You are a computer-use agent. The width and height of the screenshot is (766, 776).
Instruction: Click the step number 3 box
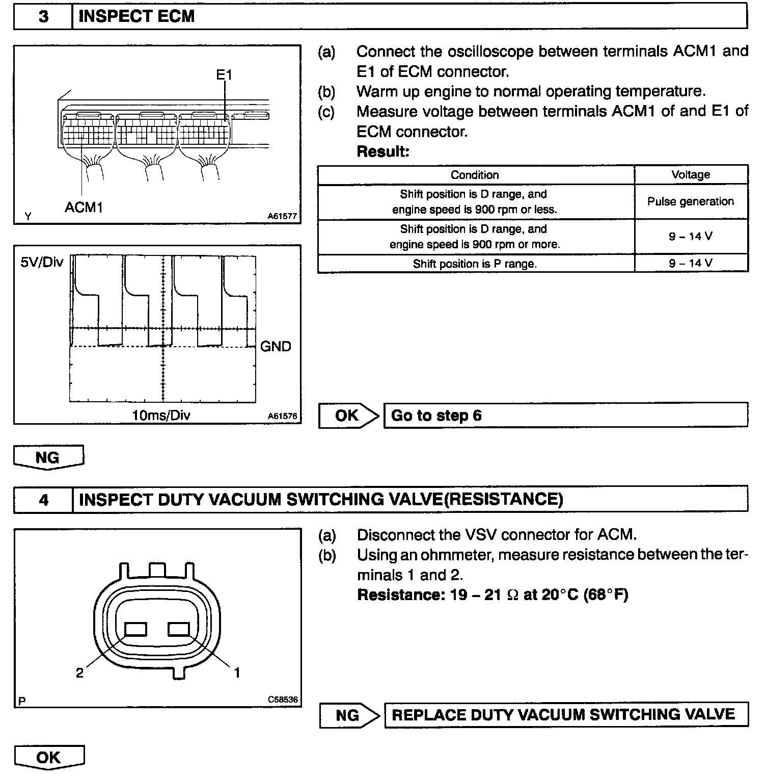(43, 16)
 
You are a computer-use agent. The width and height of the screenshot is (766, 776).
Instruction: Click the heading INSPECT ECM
(136, 16)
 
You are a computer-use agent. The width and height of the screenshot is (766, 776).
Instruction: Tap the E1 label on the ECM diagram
(224, 75)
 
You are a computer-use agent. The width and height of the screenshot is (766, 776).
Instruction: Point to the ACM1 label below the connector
(84, 208)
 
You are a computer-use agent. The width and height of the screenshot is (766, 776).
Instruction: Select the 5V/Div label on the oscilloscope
(42, 262)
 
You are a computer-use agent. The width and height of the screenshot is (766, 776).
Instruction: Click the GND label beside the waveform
(276, 347)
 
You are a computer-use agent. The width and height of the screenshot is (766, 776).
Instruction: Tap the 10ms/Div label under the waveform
(161, 416)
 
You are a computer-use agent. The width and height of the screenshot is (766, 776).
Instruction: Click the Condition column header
(475, 175)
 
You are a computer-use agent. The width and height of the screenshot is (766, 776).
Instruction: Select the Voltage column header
(691, 175)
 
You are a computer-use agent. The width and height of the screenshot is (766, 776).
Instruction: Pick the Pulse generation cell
(691, 202)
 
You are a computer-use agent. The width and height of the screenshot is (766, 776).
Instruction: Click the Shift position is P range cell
(475, 264)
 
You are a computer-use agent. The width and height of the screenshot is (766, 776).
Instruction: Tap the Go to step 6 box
(565, 416)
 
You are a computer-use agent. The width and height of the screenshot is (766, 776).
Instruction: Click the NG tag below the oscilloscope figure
(48, 457)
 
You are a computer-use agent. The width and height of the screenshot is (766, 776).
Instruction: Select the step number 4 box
(43, 500)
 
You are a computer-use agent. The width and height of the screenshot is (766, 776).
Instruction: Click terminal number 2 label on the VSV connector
(79, 673)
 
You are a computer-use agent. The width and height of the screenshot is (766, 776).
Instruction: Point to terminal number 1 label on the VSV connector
(237, 673)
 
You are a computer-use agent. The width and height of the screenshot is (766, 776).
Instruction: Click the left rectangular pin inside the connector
(136, 630)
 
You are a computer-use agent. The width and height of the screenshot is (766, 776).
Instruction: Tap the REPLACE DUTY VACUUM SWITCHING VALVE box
(565, 715)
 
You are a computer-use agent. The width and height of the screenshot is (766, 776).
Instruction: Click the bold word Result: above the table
(383, 151)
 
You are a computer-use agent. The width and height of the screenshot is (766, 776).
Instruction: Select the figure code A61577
(282, 216)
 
